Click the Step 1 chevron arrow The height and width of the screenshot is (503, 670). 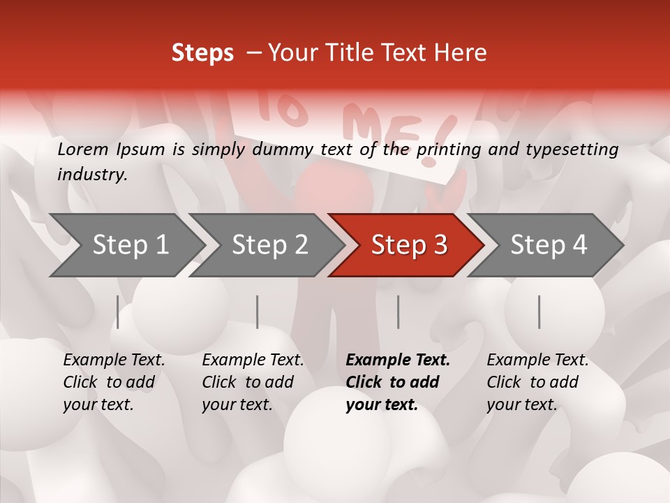pos(129,245)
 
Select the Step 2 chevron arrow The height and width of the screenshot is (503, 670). pos(269,245)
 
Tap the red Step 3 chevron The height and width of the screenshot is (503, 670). pos(408,245)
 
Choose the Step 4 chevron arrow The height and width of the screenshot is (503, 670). pos(548,245)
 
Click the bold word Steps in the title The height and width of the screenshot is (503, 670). pos(202,53)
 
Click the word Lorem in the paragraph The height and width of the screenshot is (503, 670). pos(82,149)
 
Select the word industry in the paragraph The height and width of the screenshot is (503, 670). pos(91,174)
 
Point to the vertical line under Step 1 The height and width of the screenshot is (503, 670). pos(118,312)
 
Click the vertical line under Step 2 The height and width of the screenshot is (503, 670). pos(258,312)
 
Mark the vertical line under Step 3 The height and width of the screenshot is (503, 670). pos(399,312)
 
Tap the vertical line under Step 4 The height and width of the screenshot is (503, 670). pos(539,312)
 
